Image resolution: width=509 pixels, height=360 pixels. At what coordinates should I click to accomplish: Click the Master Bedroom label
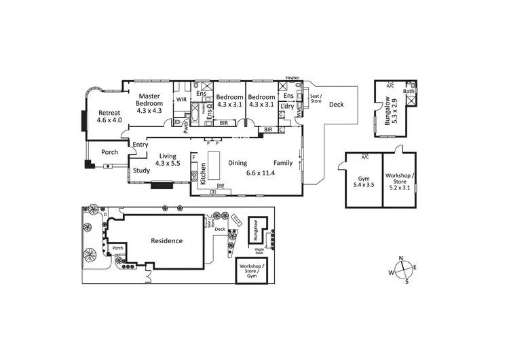tap(149, 103)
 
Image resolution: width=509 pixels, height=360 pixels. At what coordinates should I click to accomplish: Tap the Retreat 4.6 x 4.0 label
tap(109, 116)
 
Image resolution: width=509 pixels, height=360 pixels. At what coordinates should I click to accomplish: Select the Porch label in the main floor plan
tap(109, 152)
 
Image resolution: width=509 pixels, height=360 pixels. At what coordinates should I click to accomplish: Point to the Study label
tap(141, 170)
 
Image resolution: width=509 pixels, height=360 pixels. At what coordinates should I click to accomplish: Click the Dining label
tap(238, 163)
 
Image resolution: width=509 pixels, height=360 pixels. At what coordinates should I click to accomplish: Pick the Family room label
tap(283, 163)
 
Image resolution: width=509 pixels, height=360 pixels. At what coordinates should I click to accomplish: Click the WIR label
tap(181, 100)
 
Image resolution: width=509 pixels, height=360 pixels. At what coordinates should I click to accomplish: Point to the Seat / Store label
tap(316, 98)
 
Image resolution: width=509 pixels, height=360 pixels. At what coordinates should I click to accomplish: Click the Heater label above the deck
tap(293, 78)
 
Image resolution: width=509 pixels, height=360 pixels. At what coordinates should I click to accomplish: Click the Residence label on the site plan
tap(166, 240)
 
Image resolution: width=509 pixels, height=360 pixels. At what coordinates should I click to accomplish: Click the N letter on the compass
tap(401, 258)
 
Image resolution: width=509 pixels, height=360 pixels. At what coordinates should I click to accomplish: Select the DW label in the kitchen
tap(220, 185)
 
